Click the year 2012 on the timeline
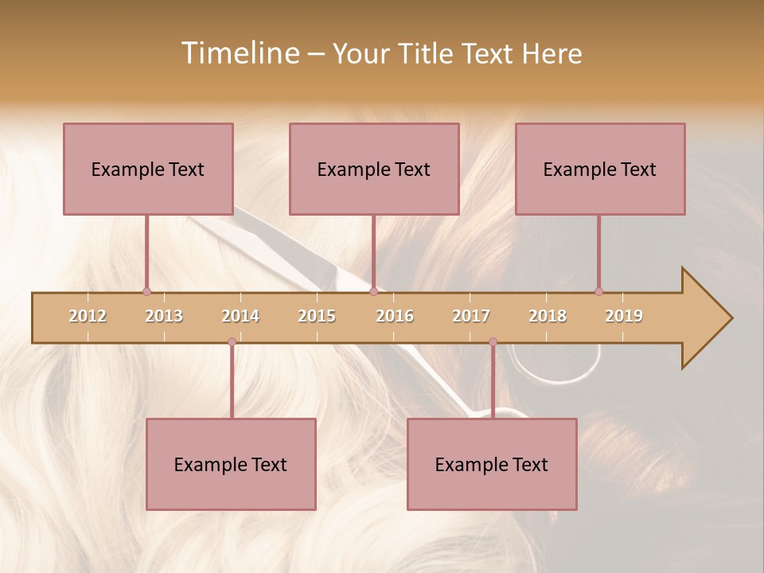[x=88, y=316]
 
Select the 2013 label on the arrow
[x=164, y=316]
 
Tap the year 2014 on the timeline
[x=240, y=316]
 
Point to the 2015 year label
[x=317, y=316]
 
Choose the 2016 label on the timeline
[x=395, y=316]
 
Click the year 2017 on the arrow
[x=471, y=316]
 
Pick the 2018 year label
[x=548, y=316]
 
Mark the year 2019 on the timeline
[x=624, y=316]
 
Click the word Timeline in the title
[x=239, y=53]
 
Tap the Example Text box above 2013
[x=148, y=170]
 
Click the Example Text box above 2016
[x=374, y=170]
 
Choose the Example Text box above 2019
[x=600, y=170]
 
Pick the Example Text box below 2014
[x=231, y=465]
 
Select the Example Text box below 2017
[x=492, y=465]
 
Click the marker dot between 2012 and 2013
[x=146, y=291]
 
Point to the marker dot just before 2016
[x=373, y=291]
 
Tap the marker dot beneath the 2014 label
[x=232, y=341]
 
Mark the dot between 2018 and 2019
[x=598, y=291]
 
